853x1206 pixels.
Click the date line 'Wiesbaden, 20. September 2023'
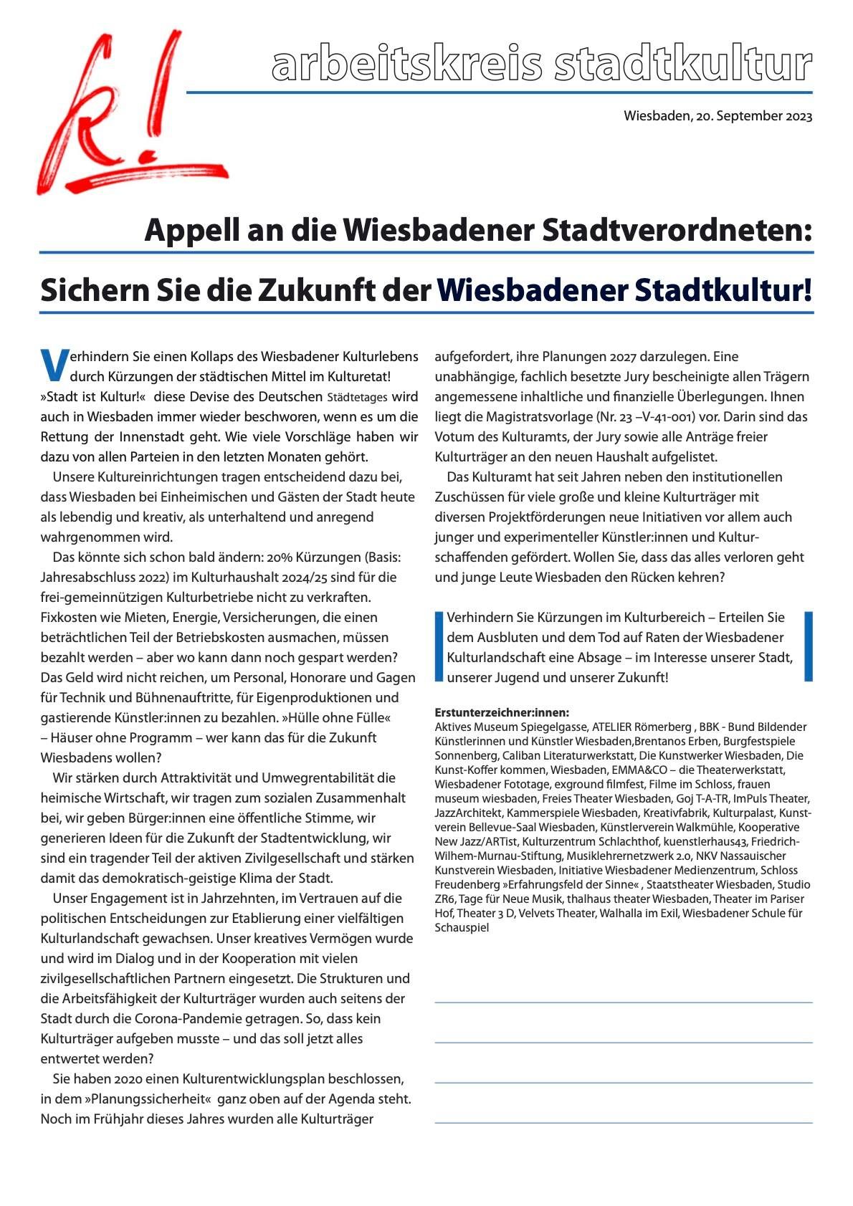click(718, 116)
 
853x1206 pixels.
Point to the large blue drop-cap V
click(53, 365)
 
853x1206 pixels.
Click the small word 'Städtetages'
click(357, 397)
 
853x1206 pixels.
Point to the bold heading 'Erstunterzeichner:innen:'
click(502, 712)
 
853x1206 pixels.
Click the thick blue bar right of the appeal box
click(809, 646)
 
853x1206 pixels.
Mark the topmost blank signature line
click(623, 1002)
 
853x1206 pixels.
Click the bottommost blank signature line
click(623, 1122)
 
